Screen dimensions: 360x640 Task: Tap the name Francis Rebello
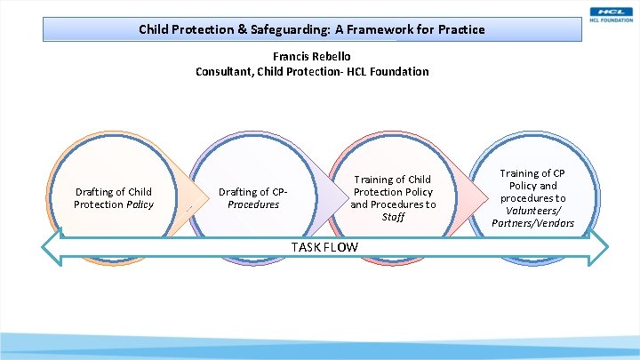(311, 57)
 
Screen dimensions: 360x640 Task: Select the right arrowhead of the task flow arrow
(601, 246)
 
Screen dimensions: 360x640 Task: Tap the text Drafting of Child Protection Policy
(113, 198)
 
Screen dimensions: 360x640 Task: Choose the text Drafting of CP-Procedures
(253, 198)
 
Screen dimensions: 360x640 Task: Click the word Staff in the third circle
(393, 217)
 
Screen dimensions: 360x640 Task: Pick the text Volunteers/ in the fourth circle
(532, 211)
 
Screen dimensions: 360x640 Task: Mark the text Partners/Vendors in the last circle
(532, 223)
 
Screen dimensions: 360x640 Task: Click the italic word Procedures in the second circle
(253, 204)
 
